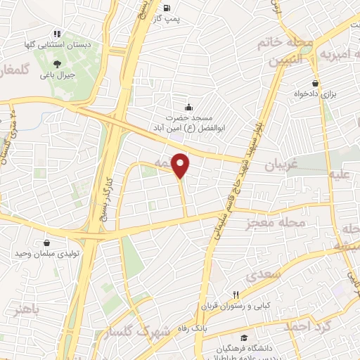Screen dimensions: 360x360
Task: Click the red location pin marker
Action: point(181,165)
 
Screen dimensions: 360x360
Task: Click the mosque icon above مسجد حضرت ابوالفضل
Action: point(188,108)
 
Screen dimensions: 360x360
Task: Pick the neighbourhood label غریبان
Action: point(282,166)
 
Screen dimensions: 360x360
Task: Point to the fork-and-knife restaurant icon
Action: point(237,295)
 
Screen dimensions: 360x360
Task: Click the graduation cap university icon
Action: point(243,337)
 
